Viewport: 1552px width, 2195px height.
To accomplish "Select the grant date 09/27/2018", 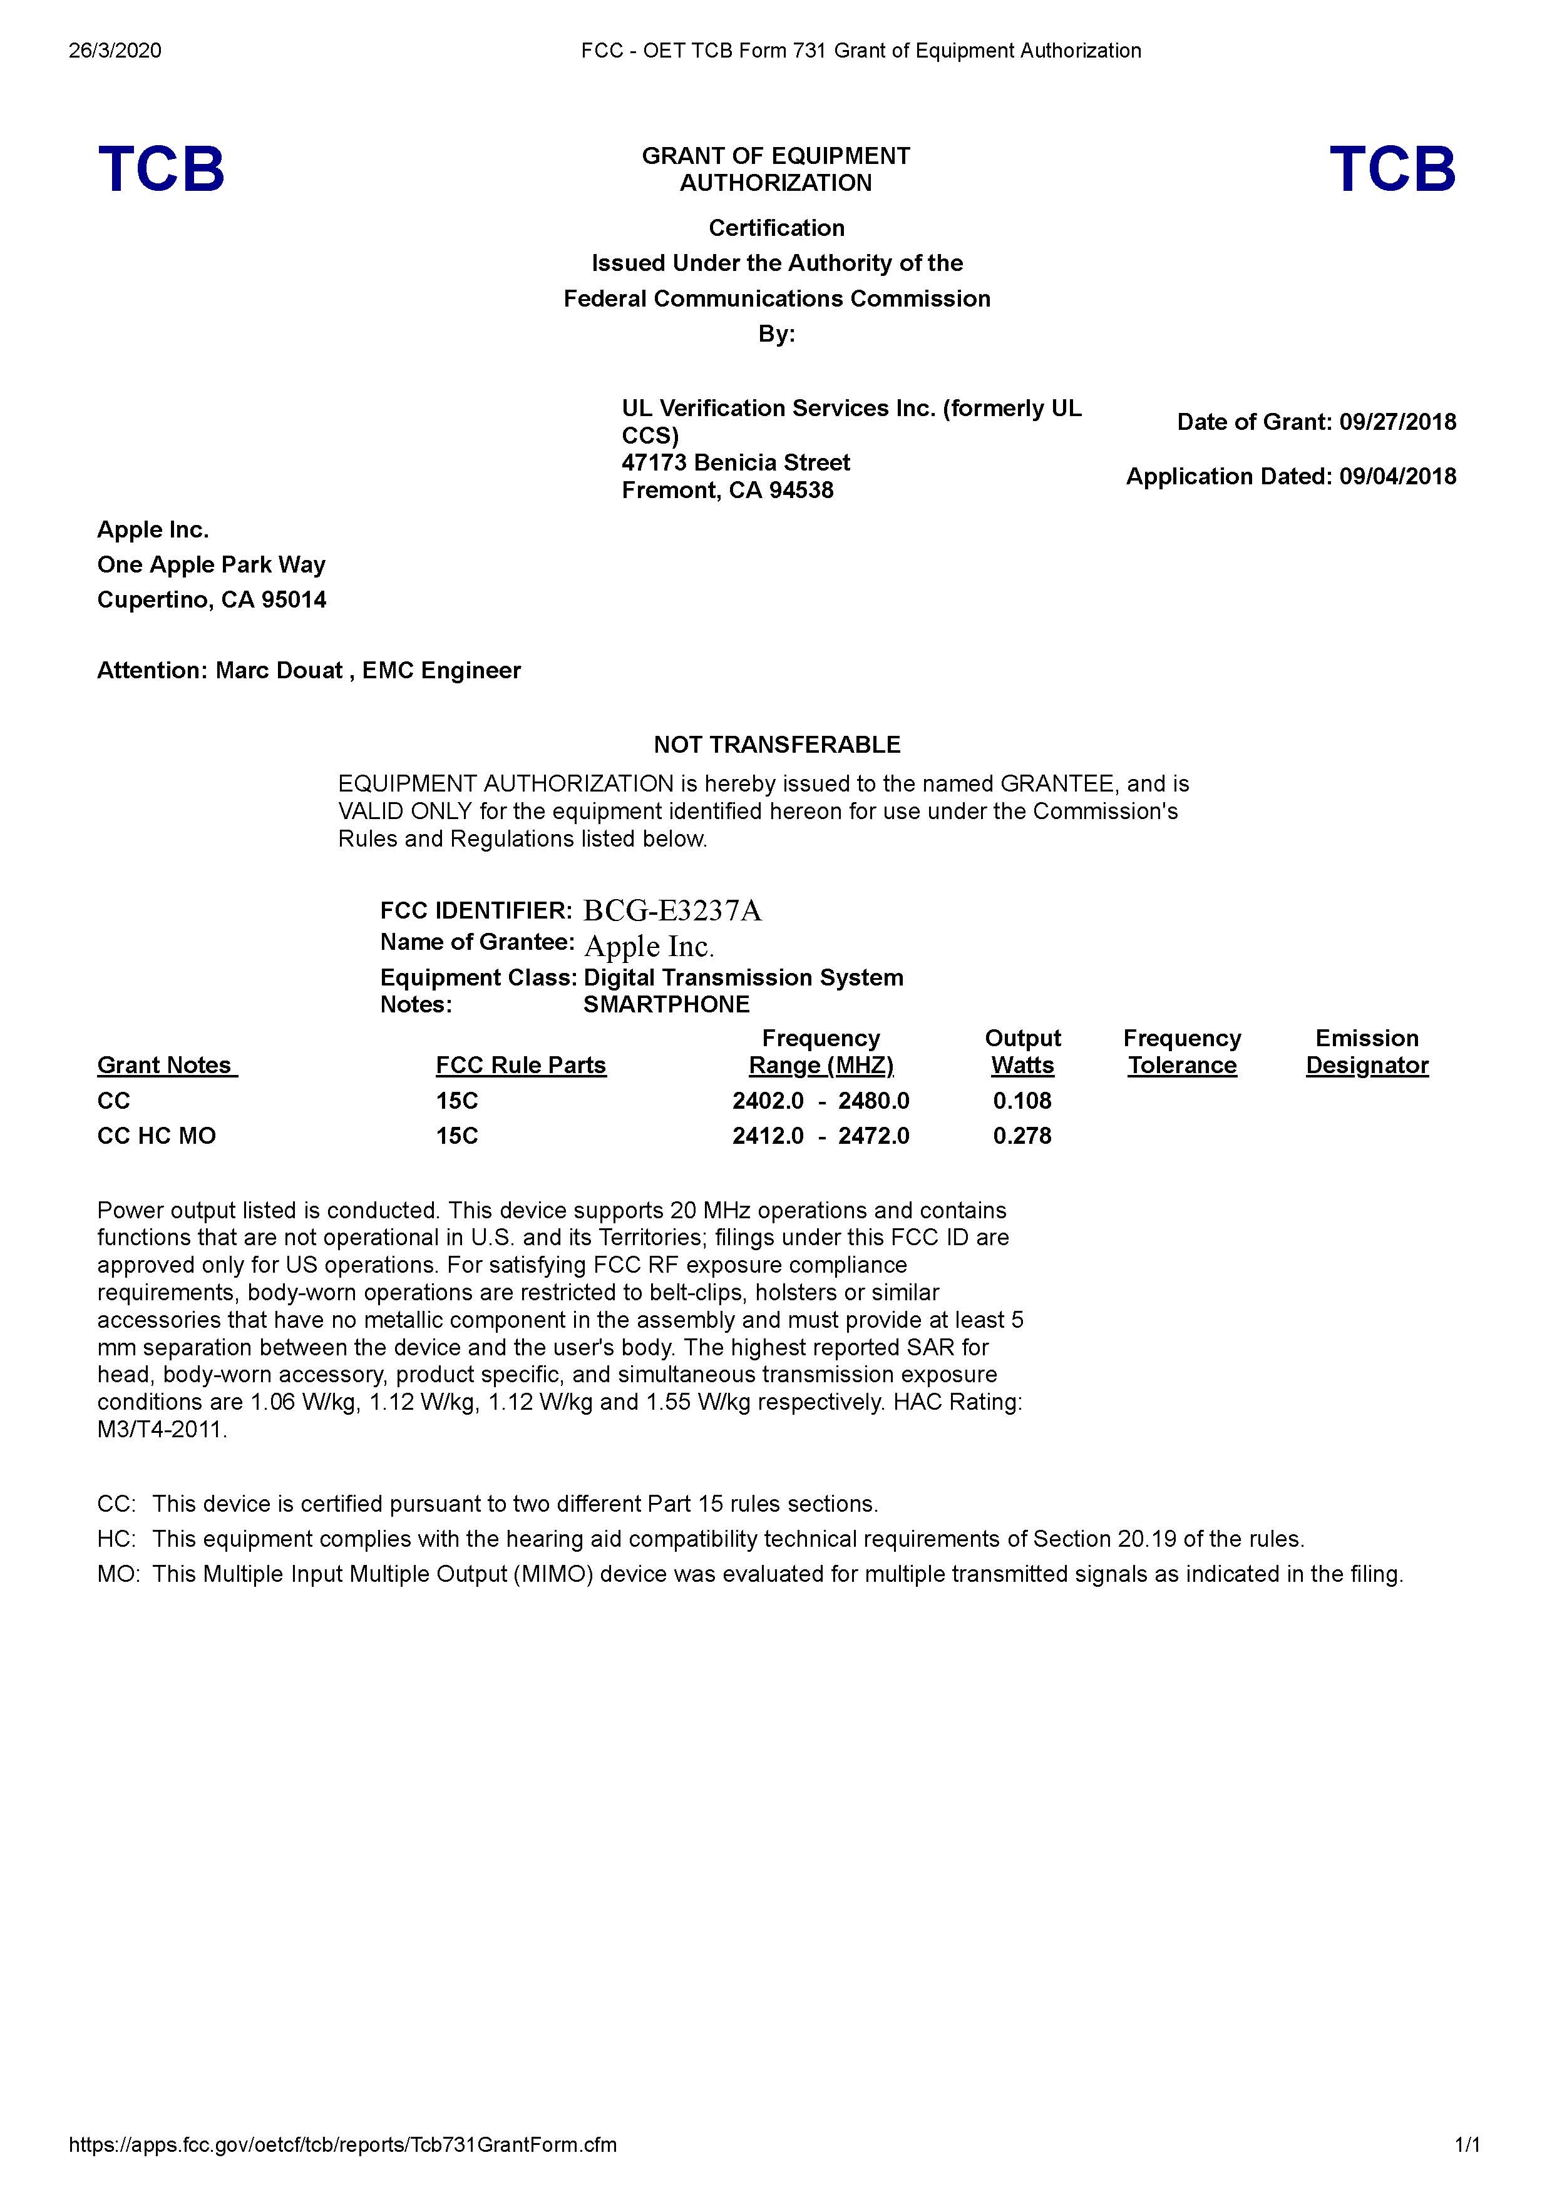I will pos(1397,422).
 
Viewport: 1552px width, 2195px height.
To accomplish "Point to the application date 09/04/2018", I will pos(1397,476).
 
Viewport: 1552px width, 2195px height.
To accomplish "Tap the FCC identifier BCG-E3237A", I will pos(672,910).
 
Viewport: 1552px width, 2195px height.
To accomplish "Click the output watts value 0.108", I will pos(1022,1101).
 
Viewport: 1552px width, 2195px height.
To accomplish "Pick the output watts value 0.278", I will pos(1022,1136).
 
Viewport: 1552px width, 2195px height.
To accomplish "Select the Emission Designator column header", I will pos(1367,1052).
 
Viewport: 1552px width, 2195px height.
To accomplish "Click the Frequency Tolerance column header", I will pos(1182,1052).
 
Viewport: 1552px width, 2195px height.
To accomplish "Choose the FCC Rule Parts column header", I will pos(521,1065).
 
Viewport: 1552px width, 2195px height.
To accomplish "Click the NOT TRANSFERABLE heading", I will pos(776,745).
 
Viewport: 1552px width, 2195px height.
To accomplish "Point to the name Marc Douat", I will pos(278,670).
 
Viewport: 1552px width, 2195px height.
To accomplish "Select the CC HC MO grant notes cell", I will pos(157,1136).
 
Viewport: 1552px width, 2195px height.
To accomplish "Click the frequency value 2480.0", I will pos(874,1101).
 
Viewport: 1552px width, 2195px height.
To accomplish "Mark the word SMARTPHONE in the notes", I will pos(667,1004).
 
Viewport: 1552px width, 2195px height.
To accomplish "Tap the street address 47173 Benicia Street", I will pos(736,462).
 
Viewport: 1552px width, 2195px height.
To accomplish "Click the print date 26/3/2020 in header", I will pos(115,51).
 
